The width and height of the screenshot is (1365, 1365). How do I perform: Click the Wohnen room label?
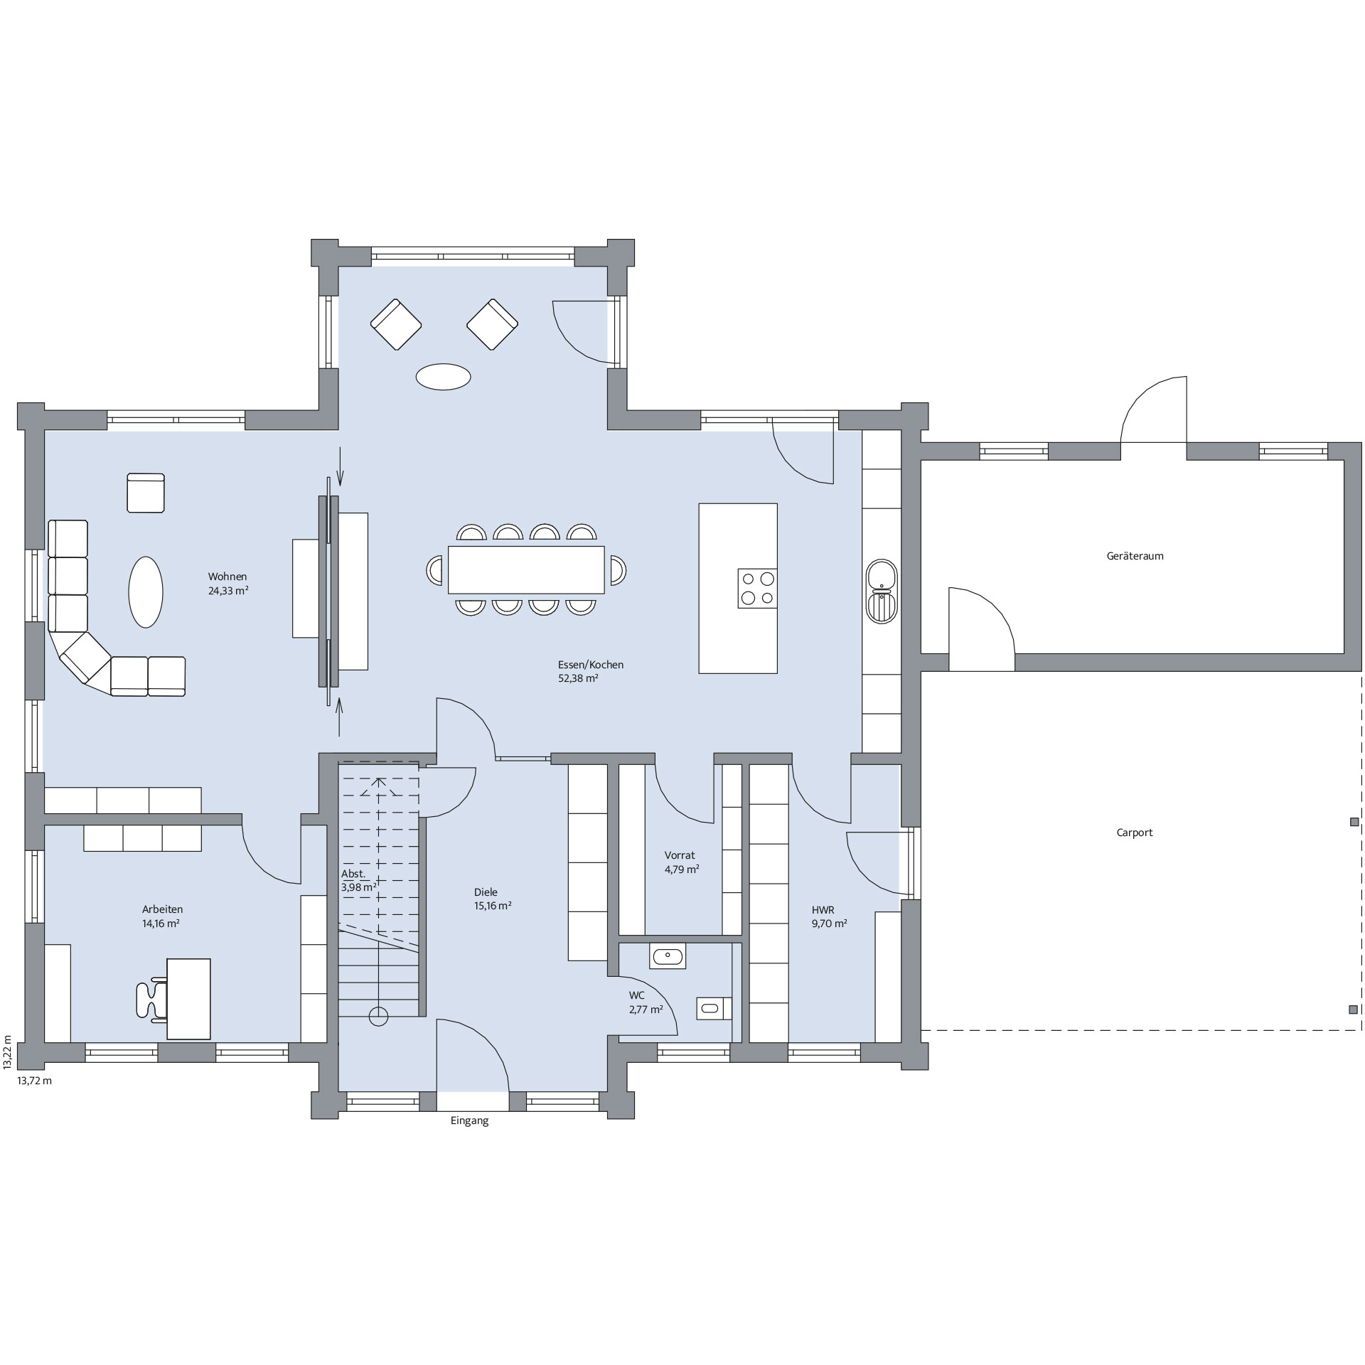point(227,577)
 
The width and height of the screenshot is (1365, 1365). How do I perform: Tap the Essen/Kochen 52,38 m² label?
point(591,671)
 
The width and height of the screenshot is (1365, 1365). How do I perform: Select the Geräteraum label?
point(1135,556)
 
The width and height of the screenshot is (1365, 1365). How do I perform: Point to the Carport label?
point(1135,833)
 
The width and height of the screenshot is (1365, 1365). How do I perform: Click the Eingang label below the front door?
point(470,1121)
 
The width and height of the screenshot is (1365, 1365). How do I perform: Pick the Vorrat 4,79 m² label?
point(682,862)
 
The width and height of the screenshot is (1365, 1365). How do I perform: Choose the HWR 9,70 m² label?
point(829,916)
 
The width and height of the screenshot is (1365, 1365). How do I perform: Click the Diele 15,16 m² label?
point(493,899)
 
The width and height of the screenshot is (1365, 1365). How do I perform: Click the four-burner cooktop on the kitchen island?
point(757,588)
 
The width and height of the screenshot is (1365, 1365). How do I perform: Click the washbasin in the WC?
point(668,956)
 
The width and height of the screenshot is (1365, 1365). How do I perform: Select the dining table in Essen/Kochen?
point(526,569)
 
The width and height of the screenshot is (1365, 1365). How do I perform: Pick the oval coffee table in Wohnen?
point(146,591)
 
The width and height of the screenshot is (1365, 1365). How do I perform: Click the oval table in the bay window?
point(443,377)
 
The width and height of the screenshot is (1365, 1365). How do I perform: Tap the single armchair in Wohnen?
point(146,493)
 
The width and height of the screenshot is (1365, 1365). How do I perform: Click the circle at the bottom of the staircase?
point(379,1017)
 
